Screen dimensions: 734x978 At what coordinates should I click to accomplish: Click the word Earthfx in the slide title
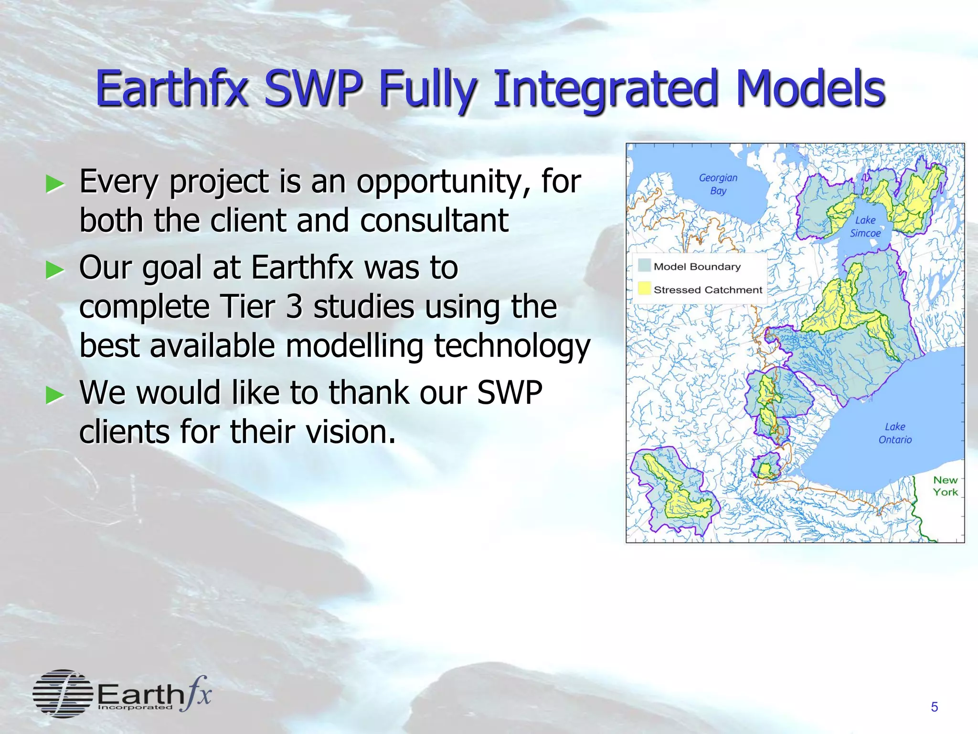(x=172, y=88)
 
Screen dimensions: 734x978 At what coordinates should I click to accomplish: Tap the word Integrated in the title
(x=606, y=89)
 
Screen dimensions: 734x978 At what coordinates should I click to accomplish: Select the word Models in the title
(x=810, y=88)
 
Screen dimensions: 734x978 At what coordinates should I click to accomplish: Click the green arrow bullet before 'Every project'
(x=54, y=184)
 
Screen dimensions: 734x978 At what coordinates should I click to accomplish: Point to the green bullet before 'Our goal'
(x=54, y=270)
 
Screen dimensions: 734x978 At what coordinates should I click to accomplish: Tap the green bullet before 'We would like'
(x=54, y=395)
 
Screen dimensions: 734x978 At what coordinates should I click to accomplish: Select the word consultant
(x=434, y=221)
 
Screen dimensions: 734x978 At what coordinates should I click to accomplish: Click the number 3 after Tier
(x=294, y=307)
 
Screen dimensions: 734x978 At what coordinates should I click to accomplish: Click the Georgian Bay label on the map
(x=718, y=184)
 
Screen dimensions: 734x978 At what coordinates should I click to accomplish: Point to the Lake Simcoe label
(x=865, y=227)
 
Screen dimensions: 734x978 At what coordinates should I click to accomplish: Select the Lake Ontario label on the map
(x=895, y=433)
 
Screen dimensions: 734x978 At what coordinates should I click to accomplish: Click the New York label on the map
(x=946, y=486)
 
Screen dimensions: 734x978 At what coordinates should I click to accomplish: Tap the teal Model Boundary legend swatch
(x=644, y=265)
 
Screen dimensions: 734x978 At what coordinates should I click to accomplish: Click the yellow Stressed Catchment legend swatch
(x=644, y=288)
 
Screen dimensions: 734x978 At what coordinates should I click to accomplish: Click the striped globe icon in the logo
(x=63, y=693)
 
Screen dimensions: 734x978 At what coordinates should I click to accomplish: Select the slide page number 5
(x=935, y=707)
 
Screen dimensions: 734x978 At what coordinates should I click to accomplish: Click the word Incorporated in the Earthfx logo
(x=135, y=707)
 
